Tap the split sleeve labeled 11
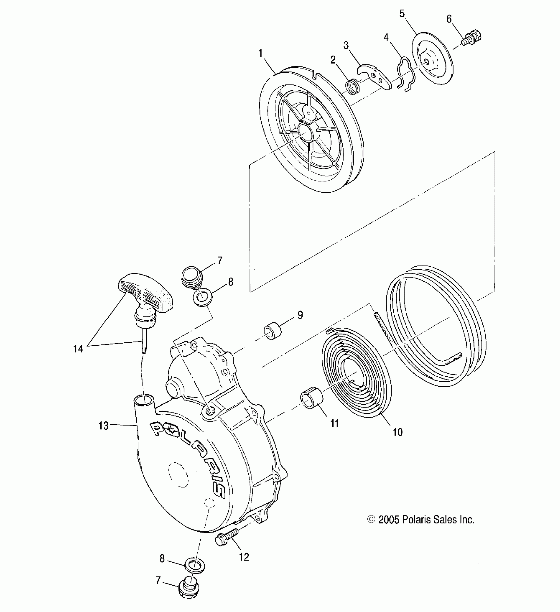[312, 400]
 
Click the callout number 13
[103, 426]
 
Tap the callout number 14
[78, 349]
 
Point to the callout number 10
[398, 432]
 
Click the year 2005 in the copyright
[389, 520]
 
